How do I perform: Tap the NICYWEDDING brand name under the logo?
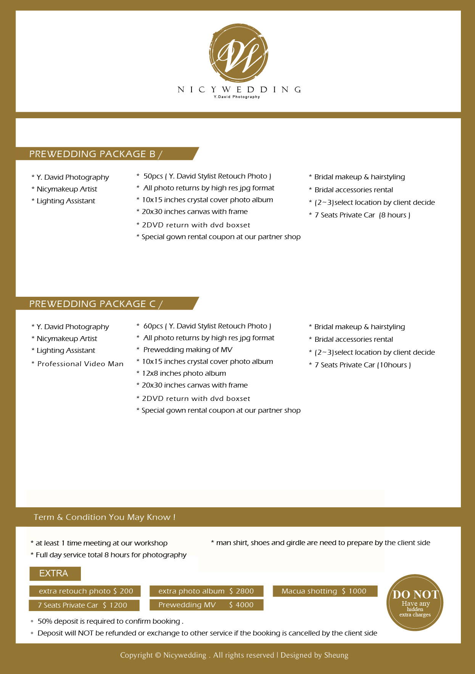239,90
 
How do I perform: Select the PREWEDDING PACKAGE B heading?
96,154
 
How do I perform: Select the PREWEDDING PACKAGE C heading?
96,304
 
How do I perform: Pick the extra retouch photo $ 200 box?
85,591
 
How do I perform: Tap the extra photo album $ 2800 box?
206,591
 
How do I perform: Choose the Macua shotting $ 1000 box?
325,591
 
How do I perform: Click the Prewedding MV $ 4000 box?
206,605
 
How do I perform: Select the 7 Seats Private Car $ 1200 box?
84,605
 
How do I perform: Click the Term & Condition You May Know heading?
105,517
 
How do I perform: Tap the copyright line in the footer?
234,655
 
